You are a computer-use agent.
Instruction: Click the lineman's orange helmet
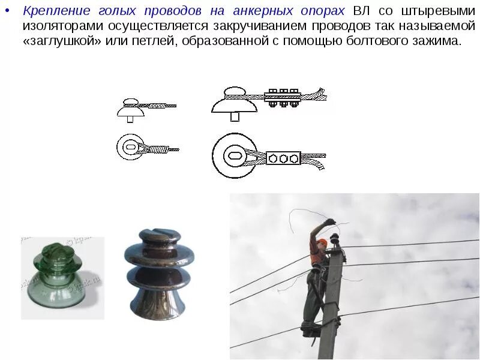pyautogui.click(x=322, y=242)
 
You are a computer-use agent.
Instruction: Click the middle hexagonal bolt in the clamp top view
pyautogui.click(x=283, y=158)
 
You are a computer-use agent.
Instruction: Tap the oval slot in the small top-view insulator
pyautogui.click(x=130, y=146)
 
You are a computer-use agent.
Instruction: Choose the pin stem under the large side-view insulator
pyautogui.click(x=235, y=116)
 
